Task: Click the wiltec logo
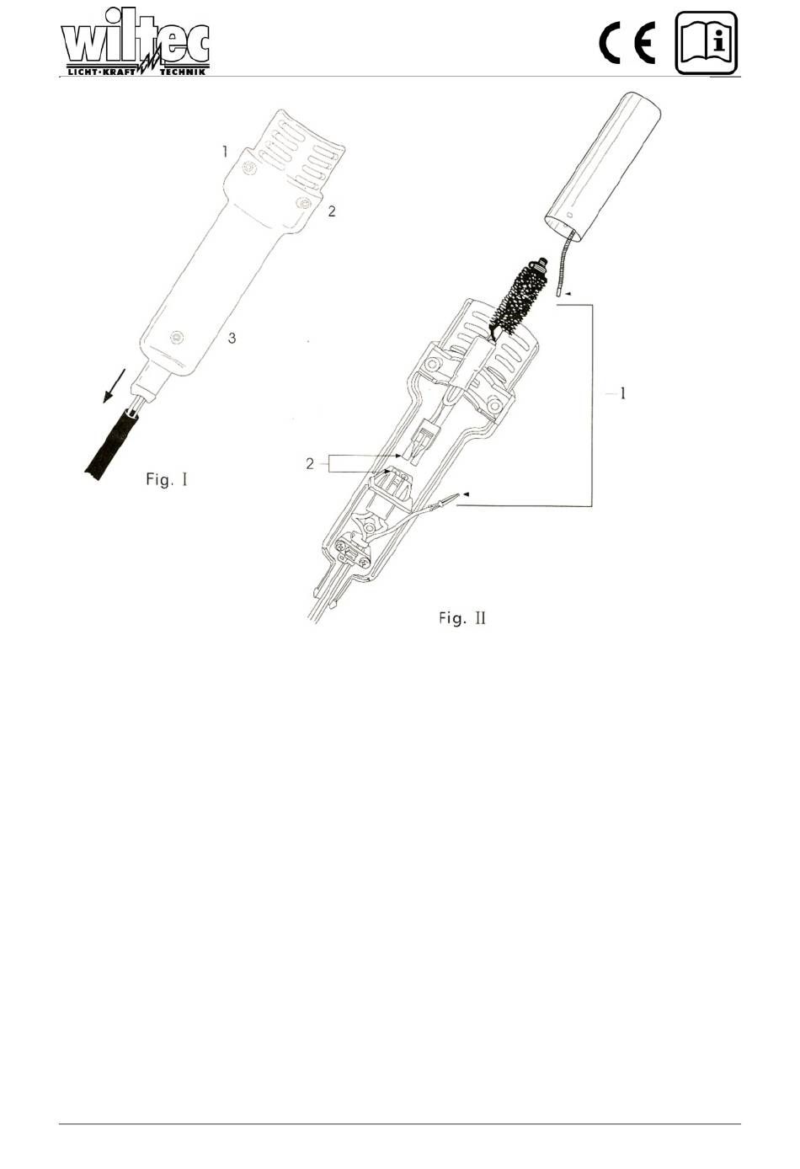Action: [x=136, y=42]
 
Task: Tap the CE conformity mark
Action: [x=627, y=45]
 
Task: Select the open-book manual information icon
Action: [x=707, y=43]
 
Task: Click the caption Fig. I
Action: [x=167, y=479]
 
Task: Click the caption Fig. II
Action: [x=462, y=618]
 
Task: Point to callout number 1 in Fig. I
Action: [x=225, y=152]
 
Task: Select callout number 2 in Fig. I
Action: [x=332, y=211]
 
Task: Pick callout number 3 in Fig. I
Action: [x=232, y=339]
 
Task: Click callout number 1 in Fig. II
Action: [x=622, y=393]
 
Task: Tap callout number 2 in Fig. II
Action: [x=310, y=463]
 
